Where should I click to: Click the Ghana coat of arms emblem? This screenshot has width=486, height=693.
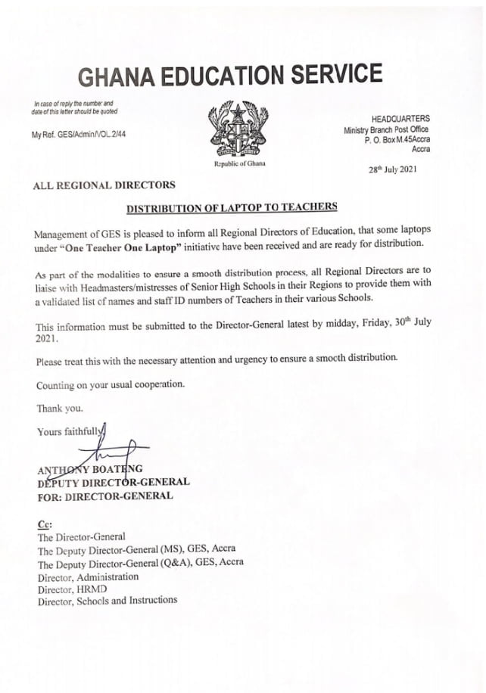tap(240, 130)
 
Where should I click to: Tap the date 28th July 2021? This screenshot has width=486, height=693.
tap(393, 169)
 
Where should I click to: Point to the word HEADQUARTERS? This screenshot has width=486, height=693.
tap(400, 119)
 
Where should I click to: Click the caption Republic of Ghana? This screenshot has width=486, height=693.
tap(240, 163)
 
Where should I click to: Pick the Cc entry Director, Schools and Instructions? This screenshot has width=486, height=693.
tap(107, 600)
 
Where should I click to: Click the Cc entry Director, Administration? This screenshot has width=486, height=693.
tap(89, 576)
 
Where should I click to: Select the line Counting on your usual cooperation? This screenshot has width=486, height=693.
tap(110, 385)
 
